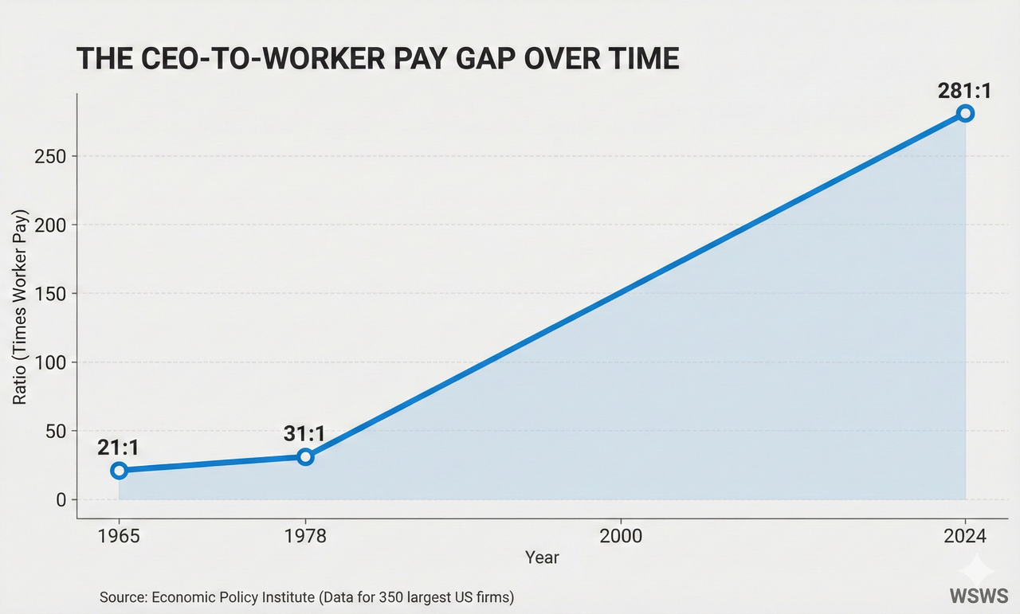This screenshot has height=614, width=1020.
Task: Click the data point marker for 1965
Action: pos(120,471)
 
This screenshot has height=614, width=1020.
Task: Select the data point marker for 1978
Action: pos(305,456)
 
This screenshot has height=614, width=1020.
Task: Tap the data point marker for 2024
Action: pos(966,113)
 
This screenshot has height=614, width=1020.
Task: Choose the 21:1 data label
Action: pos(119,448)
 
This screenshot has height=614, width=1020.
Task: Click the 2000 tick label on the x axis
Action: pos(621,536)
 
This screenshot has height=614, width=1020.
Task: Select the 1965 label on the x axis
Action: pos(120,536)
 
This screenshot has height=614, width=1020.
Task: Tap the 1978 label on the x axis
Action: pos(305,536)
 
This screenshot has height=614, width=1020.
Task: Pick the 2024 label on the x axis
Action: pos(966,536)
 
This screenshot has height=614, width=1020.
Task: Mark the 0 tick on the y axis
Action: pos(61,500)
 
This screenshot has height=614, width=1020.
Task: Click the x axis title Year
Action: pos(542,557)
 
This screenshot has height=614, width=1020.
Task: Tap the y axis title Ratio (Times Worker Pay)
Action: pos(21,307)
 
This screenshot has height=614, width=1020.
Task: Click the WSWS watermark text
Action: pos(979,596)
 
